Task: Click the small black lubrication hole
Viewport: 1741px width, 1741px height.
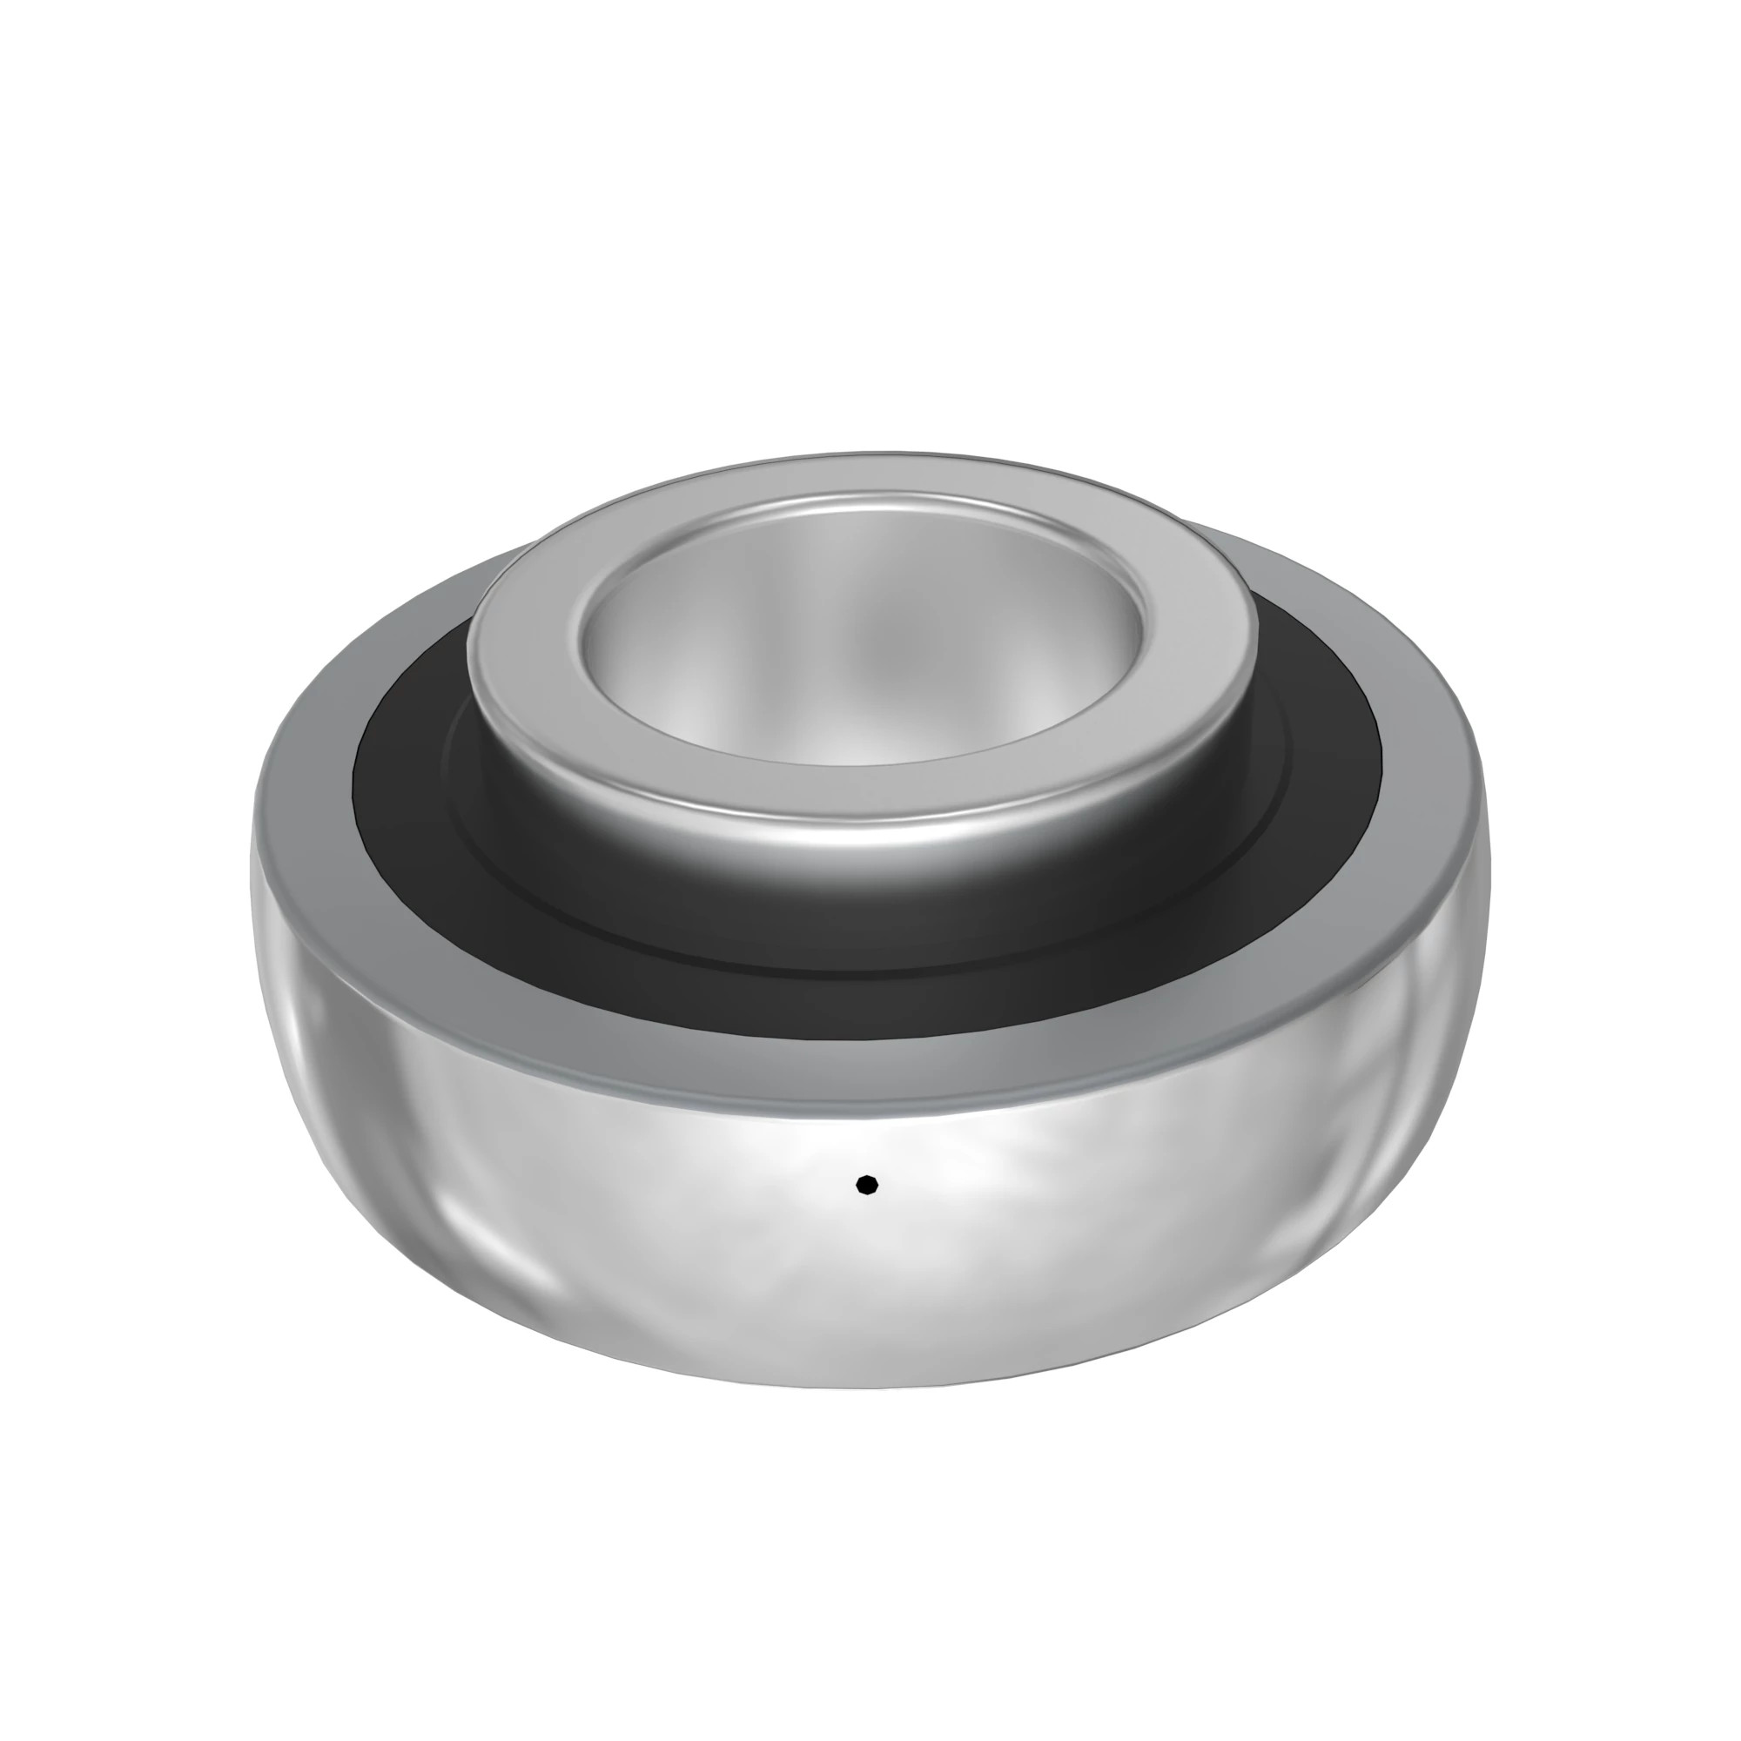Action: pyautogui.click(x=866, y=1184)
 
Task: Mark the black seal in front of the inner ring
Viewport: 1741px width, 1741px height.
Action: pyautogui.click(x=865, y=938)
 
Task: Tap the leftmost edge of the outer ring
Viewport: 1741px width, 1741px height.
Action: pyautogui.click(x=253, y=865)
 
